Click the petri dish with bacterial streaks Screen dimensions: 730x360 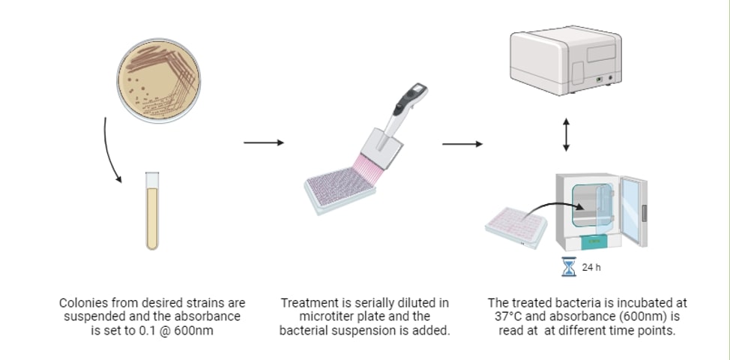coord(159,80)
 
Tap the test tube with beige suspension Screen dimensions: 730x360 coord(152,211)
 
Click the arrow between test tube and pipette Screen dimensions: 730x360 coord(264,142)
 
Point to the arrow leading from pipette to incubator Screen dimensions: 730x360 coord(462,144)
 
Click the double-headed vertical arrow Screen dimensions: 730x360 coord(566,134)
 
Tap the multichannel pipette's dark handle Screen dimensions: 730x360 coord(410,99)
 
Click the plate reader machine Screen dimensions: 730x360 coord(566,61)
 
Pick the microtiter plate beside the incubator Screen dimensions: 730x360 coord(516,228)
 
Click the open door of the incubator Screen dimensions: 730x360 coord(633,211)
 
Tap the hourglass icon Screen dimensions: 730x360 coord(568,267)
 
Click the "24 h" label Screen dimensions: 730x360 coord(591,267)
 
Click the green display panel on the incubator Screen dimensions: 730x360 coord(594,241)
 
